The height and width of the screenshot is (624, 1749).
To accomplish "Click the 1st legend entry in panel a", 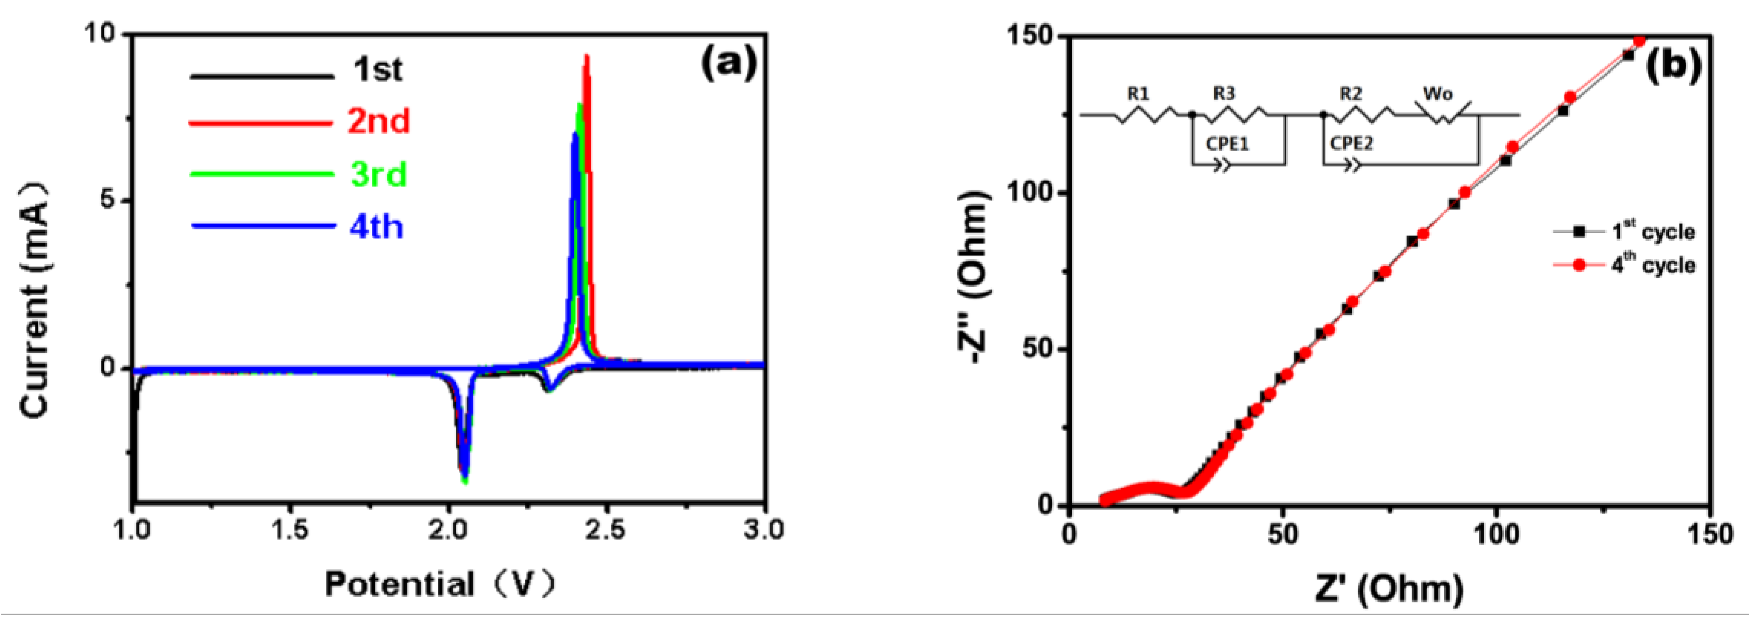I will [377, 70].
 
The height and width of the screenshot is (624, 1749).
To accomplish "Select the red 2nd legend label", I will [379, 122].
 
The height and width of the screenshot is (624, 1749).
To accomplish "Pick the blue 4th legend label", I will [377, 227].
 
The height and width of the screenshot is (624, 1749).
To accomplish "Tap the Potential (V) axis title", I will [440, 585].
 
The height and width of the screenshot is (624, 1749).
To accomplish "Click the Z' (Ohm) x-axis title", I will [1388, 588].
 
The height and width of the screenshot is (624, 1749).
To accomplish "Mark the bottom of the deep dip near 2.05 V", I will [465, 481].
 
